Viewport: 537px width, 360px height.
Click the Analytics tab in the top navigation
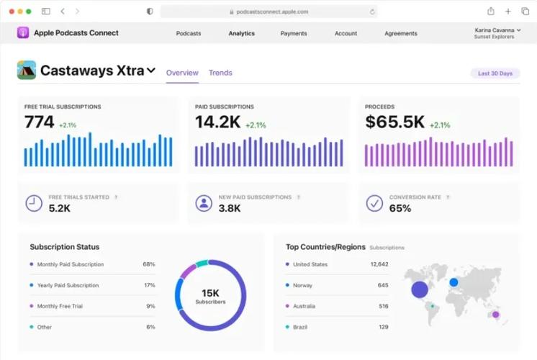coord(241,33)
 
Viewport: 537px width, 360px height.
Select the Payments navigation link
coord(294,33)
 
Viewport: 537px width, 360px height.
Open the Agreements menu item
coord(401,33)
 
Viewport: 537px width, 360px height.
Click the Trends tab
coord(220,73)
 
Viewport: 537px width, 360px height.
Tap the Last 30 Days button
coord(495,73)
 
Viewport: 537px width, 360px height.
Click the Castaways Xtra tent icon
coord(27,70)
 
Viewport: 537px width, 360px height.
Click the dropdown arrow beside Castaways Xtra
coord(151,71)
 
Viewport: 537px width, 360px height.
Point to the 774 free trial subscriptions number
coord(40,122)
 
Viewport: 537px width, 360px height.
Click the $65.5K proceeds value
coord(395,122)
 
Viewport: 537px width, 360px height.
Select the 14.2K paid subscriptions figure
coord(218,122)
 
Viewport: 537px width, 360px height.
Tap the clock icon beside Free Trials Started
coord(34,203)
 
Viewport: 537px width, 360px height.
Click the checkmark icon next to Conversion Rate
coord(374,203)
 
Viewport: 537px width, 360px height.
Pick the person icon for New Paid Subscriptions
coord(204,203)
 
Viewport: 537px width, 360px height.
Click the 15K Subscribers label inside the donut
coord(210,297)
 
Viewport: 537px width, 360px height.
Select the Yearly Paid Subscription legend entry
coord(68,285)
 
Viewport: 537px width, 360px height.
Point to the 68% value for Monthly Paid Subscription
coord(149,264)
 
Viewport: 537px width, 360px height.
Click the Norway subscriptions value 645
coord(383,285)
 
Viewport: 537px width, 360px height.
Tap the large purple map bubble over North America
coord(420,289)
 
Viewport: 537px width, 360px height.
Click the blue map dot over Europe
coord(453,282)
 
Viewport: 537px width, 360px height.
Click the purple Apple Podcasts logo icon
coord(23,33)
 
